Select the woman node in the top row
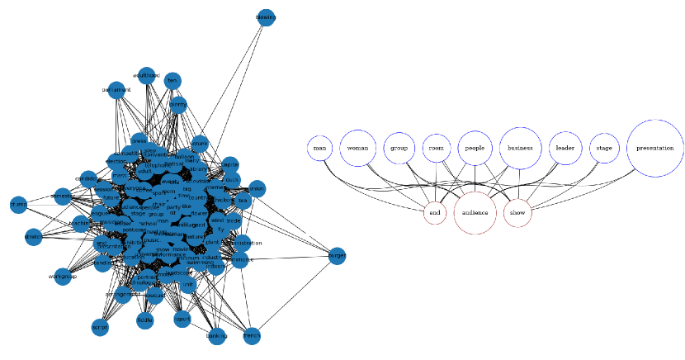click(358, 149)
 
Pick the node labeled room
click(437, 149)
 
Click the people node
click(475, 149)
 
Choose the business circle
click(520, 149)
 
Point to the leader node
click(565, 149)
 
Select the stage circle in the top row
click(605, 149)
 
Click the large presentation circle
click(655, 149)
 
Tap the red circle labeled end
click(436, 212)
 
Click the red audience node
click(475, 212)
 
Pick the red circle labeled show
click(517, 212)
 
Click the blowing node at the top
click(266, 17)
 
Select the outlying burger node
click(337, 256)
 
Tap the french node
click(252, 336)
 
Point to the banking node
click(216, 336)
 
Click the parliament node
click(116, 89)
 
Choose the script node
click(100, 327)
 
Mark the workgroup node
click(62, 276)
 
